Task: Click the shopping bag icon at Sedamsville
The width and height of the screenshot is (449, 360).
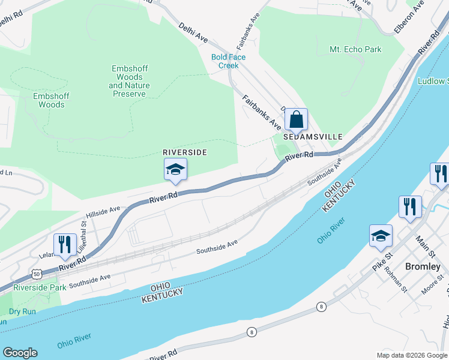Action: (296, 120)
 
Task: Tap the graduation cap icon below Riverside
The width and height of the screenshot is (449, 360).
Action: (175, 170)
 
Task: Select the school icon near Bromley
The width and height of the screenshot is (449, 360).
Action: (381, 236)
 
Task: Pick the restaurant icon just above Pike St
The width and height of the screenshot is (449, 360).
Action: (411, 207)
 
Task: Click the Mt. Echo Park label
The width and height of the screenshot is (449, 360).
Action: (355, 49)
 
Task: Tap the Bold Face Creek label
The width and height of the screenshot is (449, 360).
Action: (228, 61)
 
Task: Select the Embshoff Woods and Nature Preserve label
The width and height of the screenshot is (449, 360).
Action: (130, 81)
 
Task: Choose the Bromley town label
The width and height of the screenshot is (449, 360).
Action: (423, 266)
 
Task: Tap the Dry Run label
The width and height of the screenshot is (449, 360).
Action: (23, 311)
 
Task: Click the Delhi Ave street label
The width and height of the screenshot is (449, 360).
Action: (193, 32)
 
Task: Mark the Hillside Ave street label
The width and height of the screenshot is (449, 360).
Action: (103, 211)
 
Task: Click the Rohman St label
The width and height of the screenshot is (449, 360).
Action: (397, 281)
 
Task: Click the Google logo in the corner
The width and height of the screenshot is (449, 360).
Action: (20, 353)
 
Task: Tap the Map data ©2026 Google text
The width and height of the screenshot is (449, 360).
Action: (411, 355)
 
